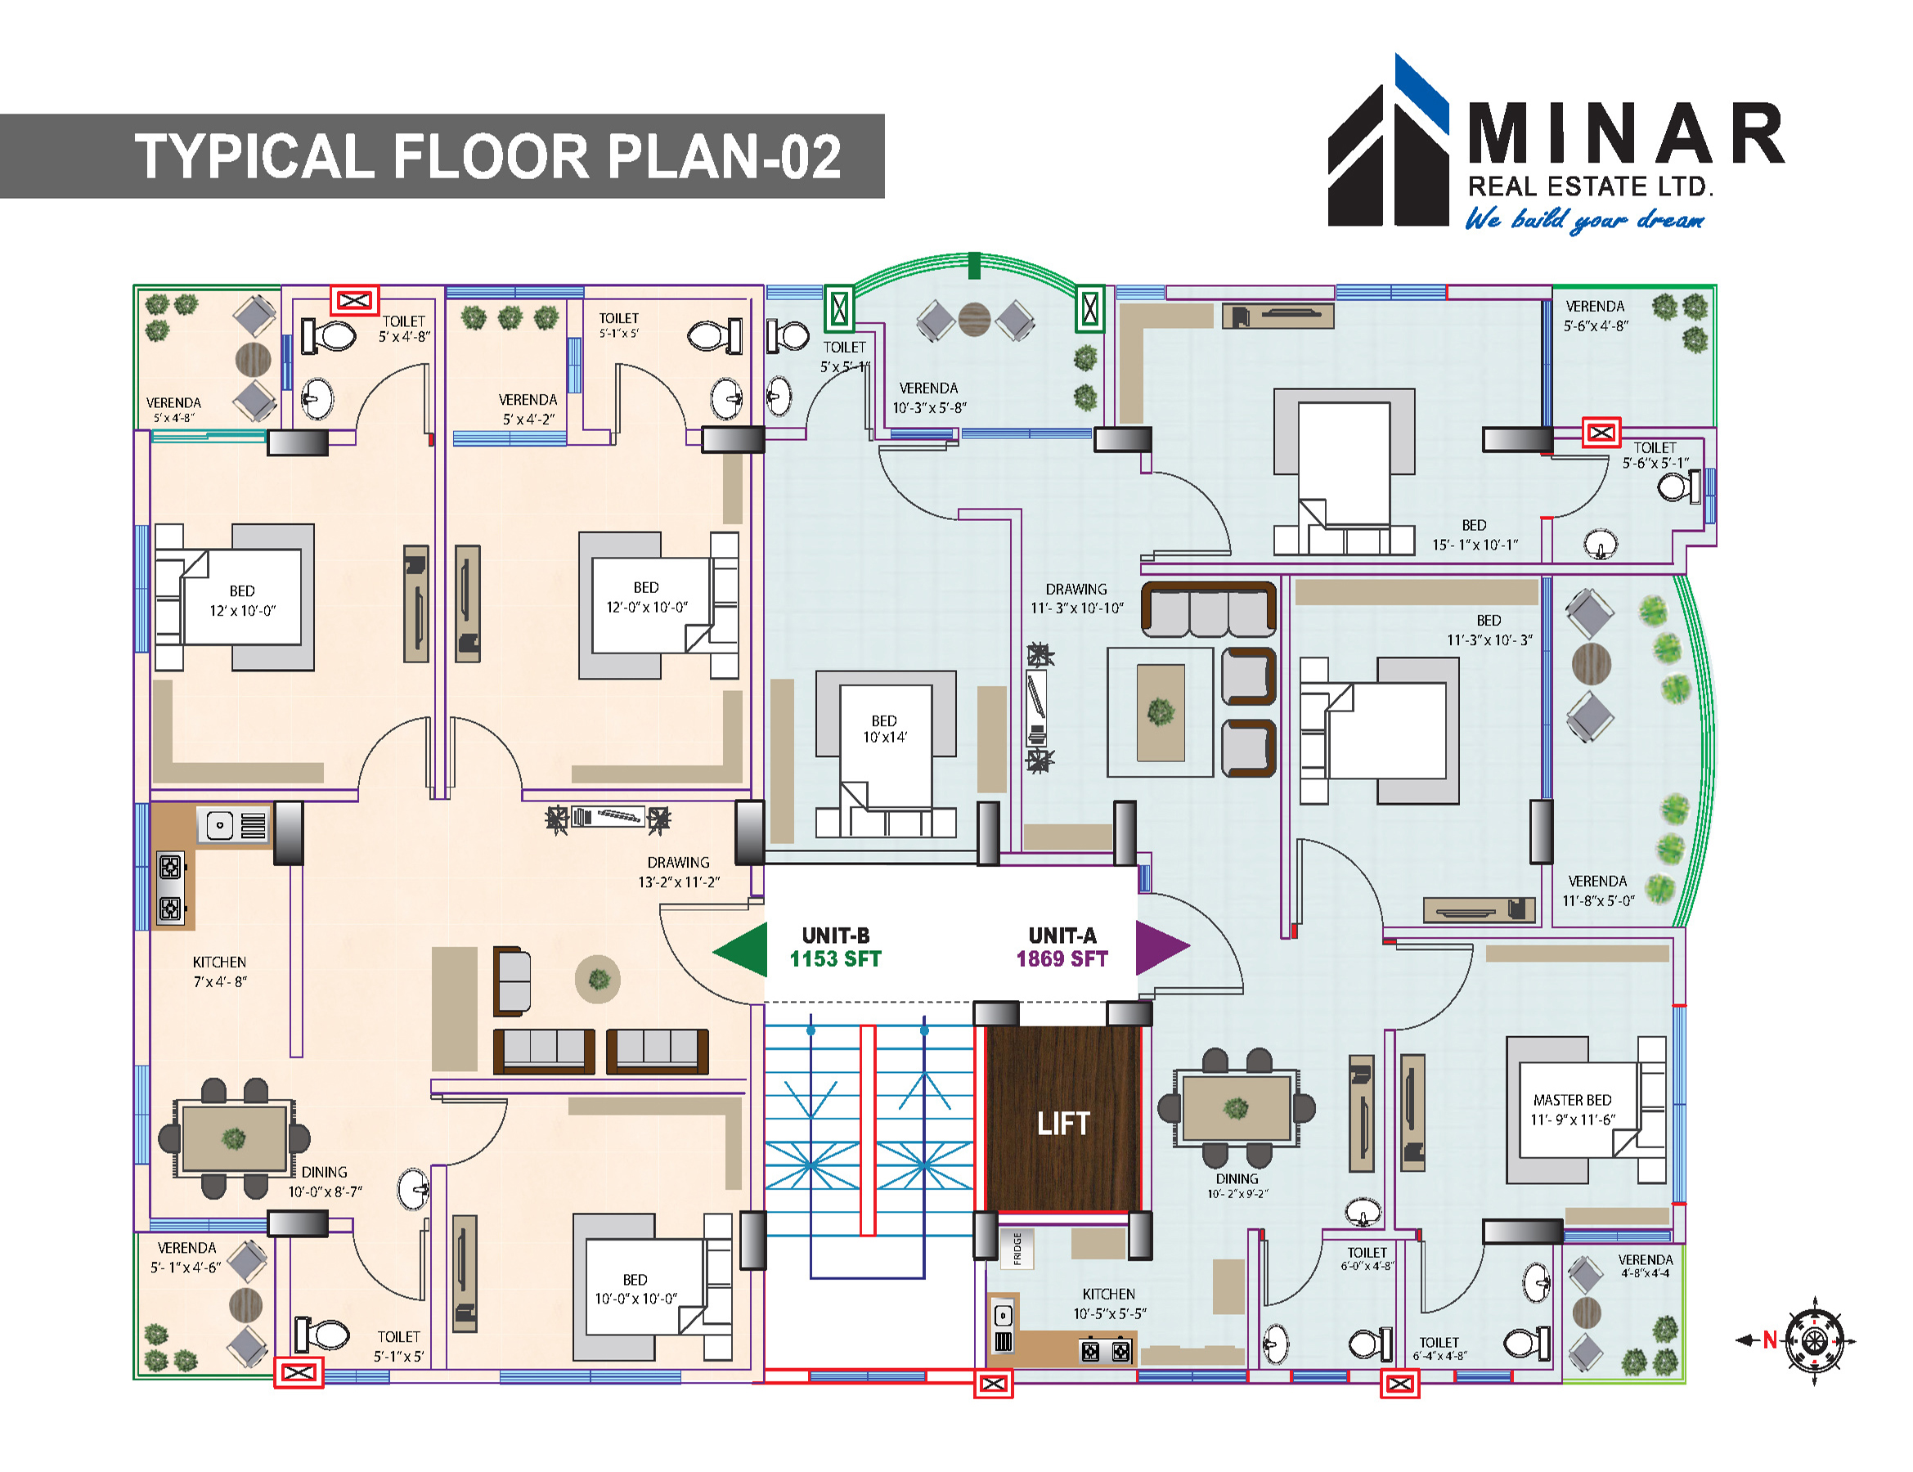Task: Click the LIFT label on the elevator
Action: click(1063, 1124)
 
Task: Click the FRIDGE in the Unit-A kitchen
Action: click(1017, 1248)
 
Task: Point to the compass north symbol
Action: click(1814, 1340)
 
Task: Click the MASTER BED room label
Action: click(1572, 1109)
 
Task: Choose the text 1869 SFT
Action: click(1062, 960)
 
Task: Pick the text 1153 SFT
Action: click(835, 960)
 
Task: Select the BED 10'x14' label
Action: click(885, 729)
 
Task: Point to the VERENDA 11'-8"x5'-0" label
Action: click(1597, 891)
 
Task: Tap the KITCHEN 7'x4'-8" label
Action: click(220, 972)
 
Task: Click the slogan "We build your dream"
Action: click(1585, 219)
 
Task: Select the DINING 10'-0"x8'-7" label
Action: click(325, 1181)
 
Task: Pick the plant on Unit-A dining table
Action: click(1236, 1109)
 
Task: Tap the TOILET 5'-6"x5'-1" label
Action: click(1655, 456)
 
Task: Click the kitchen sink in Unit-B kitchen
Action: click(219, 825)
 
